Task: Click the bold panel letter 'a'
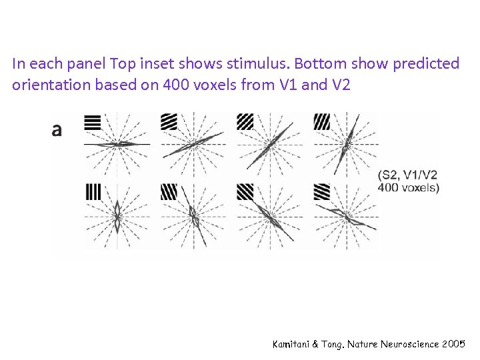point(57,130)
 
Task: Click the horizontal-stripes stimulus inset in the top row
point(93,122)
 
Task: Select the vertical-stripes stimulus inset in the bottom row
point(93,192)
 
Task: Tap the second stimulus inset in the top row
point(169,122)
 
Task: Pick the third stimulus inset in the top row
point(245,122)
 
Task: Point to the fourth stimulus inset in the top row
point(322,122)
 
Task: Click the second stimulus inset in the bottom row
point(169,192)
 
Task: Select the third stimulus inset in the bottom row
point(245,192)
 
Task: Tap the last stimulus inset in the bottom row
point(322,192)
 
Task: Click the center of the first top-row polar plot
point(117,144)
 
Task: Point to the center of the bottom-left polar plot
point(117,215)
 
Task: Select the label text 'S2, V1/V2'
point(408,175)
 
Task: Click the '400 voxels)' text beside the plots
point(408,187)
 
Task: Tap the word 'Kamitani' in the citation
point(294,344)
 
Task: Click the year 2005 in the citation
point(453,344)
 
